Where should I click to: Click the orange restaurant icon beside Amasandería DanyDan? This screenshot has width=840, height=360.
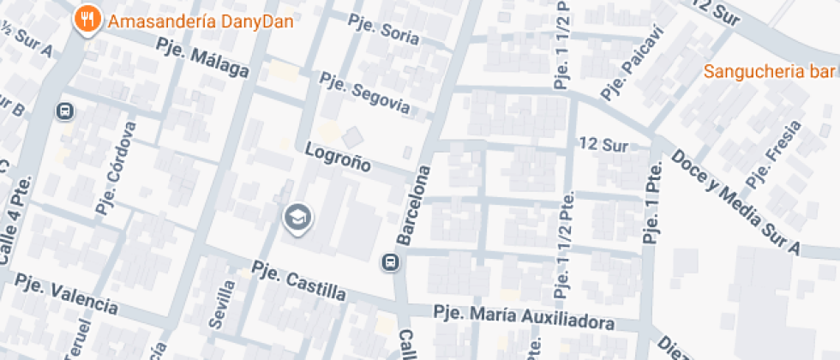(87, 20)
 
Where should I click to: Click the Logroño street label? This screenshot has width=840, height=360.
(338, 156)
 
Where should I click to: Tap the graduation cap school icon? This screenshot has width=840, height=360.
(297, 217)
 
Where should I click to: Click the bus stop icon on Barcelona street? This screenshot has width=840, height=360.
(390, 261)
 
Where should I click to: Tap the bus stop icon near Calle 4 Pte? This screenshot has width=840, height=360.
(64, 111)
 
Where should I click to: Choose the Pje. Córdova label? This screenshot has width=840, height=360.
(117, 168)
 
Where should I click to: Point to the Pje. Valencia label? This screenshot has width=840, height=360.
(67, 294)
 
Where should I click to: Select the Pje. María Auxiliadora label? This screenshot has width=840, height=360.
(524, 317)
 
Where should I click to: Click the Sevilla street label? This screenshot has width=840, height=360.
(221, 303)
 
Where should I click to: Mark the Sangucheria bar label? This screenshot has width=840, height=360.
(770, 71)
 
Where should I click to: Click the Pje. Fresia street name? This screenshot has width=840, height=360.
(774, 153)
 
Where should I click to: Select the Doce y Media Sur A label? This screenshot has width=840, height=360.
(735, 202)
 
